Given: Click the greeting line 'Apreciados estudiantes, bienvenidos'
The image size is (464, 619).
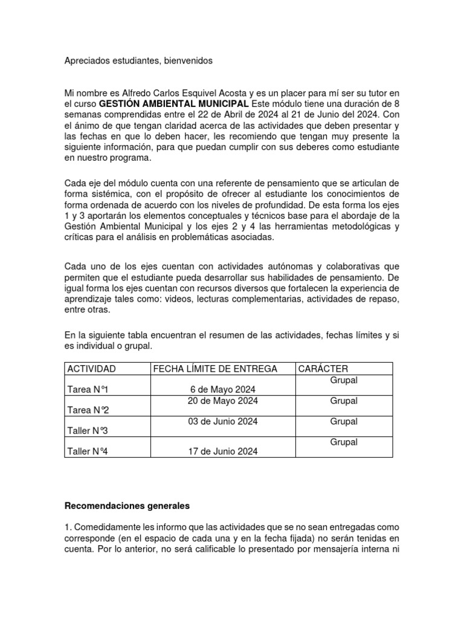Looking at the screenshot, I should click(x=138, y=61).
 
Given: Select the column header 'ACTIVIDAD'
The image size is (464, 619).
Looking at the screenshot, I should click(x=91, y=369).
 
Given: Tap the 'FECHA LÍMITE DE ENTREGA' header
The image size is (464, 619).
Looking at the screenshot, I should click(x=215, y=369).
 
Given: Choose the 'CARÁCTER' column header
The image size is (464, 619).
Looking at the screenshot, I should click(x=323, y=369).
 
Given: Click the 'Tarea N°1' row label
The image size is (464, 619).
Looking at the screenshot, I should click(x=88, y=390).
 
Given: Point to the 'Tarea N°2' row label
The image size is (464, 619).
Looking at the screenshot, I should click(x=88, y=410).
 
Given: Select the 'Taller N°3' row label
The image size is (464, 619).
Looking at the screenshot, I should click(x=88, y=431).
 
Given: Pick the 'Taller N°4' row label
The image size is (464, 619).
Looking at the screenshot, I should click(x=88, y=452).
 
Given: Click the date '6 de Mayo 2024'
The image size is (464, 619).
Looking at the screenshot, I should click(x=223, y=390).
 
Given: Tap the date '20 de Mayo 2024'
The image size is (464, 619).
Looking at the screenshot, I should click(x=223, y=401).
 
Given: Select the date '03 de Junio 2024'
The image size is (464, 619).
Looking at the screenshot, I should click(x=223, y=421).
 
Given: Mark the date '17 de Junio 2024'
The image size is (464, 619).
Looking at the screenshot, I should click(x=223, y=452).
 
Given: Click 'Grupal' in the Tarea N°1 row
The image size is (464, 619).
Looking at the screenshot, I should click(x=344, y=380).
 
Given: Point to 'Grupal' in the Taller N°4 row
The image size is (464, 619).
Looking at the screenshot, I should click(x=344, y=442).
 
